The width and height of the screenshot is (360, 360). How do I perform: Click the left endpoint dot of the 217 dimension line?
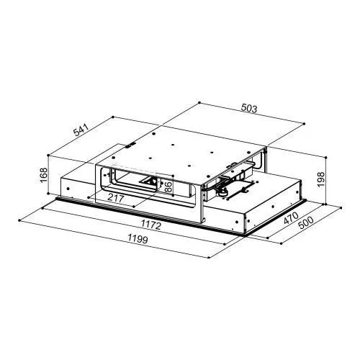[88, 197]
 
